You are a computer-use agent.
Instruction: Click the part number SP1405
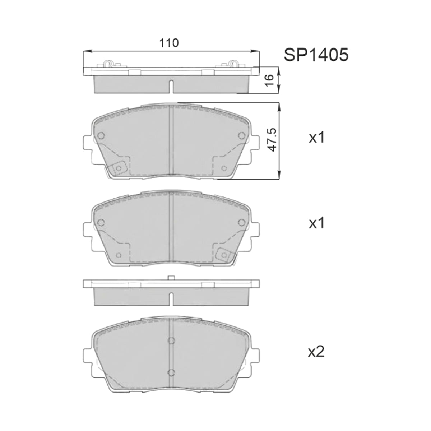pos(316,55)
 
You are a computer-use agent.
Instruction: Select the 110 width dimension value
pos(169,43)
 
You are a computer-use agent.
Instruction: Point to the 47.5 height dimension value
pos(273,140)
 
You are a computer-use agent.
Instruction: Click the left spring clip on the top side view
pos(108,63)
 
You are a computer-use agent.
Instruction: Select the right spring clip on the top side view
pos(234,63)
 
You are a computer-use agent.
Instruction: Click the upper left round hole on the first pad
pos(101,135)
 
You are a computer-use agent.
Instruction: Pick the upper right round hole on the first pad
pos(241,135)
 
